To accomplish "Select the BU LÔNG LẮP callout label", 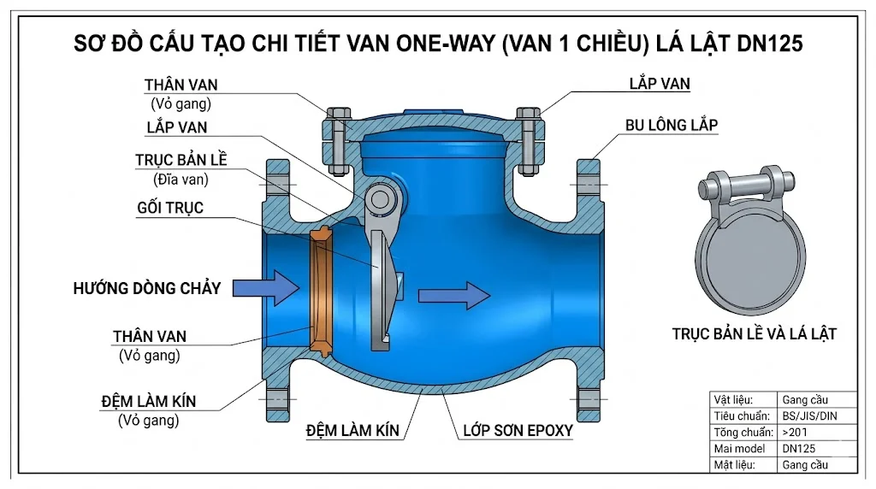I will point(671,125).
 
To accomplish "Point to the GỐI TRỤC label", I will point(170,208).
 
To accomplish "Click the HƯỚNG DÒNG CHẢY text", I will point(146,288).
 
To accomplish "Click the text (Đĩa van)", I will point(181,180).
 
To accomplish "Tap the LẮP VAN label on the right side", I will point(659,84).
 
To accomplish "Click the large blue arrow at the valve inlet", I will point(265,287).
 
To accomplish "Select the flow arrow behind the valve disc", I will point(453,295).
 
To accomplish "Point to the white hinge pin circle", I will point(377,199).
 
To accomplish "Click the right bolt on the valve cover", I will point(530,137).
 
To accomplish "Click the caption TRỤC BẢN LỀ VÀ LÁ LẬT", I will point(754,334).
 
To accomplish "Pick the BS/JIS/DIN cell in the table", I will point(805,415).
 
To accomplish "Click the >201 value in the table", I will point(795,432).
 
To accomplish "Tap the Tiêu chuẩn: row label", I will point(742,415).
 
